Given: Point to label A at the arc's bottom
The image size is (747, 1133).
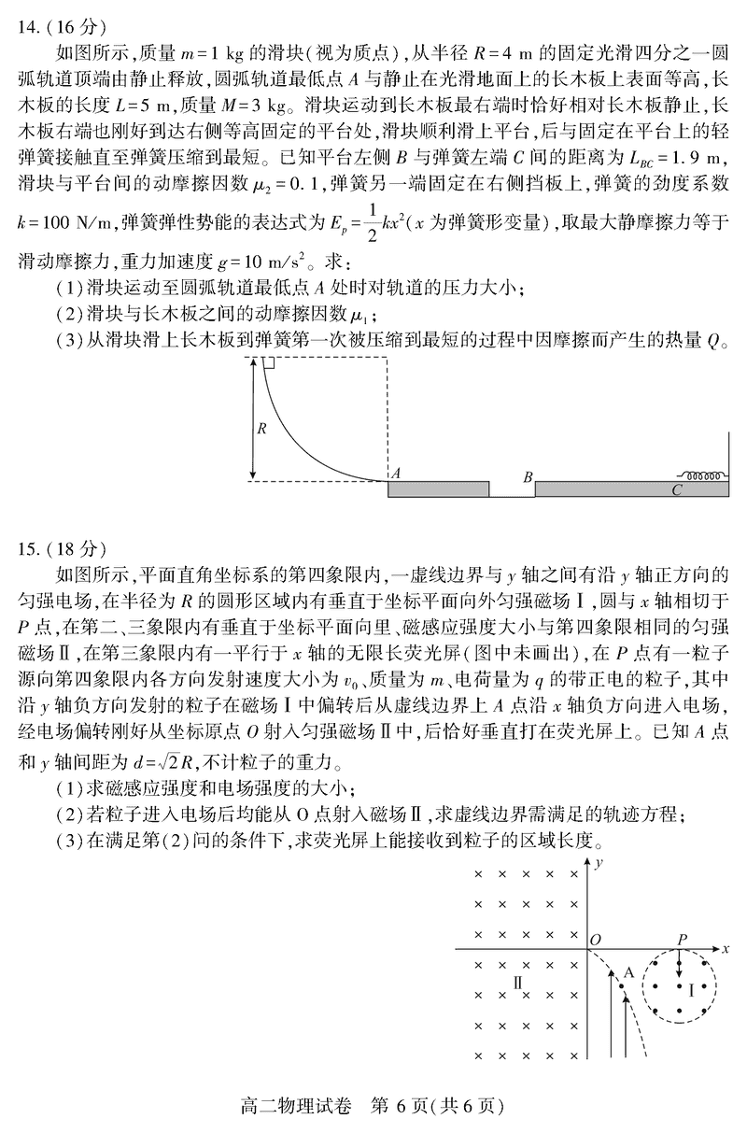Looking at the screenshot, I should click(397, 474).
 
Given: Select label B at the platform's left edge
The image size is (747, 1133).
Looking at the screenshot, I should click(528, 477).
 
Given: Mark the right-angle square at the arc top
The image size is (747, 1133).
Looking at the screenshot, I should click(267, 362).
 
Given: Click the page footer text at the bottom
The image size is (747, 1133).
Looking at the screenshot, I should click(373, 1107).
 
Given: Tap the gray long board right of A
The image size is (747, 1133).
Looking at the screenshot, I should click(439, 489).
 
